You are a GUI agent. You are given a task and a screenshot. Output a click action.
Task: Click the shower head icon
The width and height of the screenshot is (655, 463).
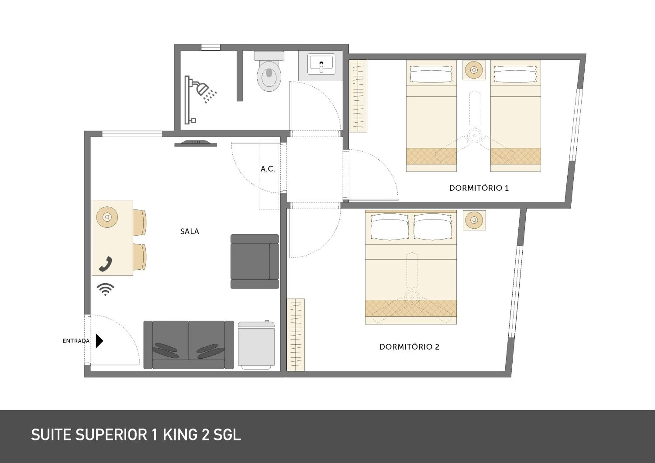[x=203, y=89]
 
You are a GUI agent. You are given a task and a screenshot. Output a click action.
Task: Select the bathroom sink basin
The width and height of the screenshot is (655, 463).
[x=321, y=65]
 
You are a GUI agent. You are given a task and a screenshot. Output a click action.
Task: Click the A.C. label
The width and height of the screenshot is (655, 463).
[x=268, y=169]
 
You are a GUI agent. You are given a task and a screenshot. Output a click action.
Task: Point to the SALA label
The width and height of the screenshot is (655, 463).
[x=190, y=231]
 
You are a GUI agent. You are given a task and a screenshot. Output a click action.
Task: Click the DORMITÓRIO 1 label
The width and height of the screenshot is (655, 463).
[x=479, y=188]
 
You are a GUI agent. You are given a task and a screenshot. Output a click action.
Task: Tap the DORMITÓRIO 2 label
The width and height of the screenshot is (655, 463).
[x=409, y=347]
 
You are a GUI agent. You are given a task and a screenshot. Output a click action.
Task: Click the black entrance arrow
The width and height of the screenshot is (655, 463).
[x=99, y=341]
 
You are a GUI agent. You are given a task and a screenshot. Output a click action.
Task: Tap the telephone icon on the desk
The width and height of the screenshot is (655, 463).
[x=105, y=264]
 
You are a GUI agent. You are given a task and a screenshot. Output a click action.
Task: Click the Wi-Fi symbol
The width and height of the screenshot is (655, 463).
[x=105, y=289]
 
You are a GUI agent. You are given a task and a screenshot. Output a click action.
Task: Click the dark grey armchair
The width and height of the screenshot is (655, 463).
[x=255, y=261]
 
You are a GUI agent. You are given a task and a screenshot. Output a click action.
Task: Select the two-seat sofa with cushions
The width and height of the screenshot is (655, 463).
[x=189, y=345]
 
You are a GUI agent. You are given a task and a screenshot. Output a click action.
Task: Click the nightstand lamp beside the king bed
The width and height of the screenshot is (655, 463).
[x=474, y=220]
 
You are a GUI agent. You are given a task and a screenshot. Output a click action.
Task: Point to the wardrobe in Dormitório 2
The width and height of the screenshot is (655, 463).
[x=296, y=335]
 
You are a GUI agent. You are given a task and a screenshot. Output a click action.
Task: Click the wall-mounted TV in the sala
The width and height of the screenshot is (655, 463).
[x=196, y=143]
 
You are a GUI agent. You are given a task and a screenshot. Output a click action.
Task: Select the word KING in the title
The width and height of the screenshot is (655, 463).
[x=180, y=435]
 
